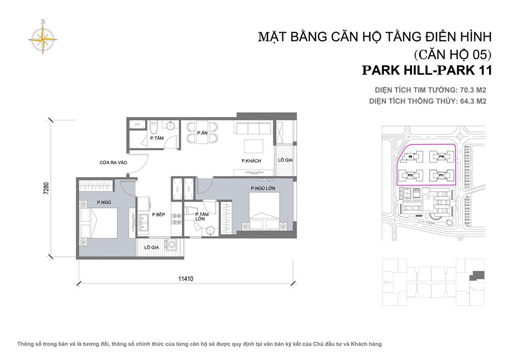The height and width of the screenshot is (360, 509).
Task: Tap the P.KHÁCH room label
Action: (x=251, y=161)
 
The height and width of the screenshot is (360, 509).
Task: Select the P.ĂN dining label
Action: (x=202, y=133)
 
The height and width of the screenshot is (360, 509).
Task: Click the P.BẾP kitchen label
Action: (x=158, y=215)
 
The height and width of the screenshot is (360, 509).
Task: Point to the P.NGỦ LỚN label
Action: (x=263, y=187)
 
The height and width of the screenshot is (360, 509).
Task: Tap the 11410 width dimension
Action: (x=186, y=279)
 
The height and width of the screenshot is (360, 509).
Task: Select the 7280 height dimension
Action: (x=46, y=189)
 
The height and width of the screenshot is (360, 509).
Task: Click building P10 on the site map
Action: (x=441, y=157)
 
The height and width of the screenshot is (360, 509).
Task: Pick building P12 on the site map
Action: (x=411, y=175)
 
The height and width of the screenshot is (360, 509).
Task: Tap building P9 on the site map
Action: (x=411, y=157)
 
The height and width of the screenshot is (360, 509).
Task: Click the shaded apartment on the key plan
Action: (x=478, y=274)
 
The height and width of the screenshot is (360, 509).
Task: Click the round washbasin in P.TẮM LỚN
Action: (x=211, y=230)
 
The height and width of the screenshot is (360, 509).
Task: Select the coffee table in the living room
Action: (x=254, y=147)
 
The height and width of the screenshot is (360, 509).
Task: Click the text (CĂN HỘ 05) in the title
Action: (x=452, y=53)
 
